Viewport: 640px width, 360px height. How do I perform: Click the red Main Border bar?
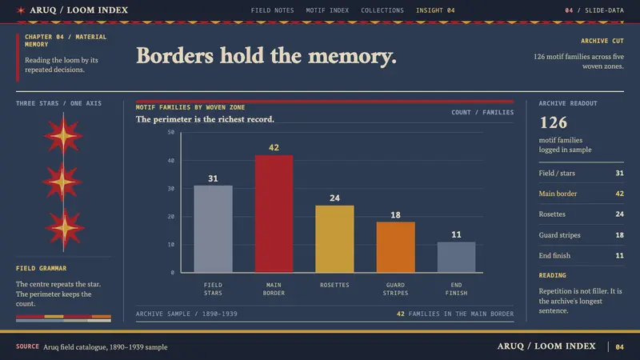[x=274, y=214]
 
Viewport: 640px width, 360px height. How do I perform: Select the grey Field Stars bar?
[x=213, y=229]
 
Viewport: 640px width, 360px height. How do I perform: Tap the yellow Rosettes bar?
[x=334, y=238]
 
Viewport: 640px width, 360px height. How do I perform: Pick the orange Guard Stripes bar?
[x=395, y=247]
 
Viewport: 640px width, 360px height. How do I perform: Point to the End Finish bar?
[x=456, y=257]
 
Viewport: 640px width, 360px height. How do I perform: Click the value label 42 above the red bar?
[x=274, y=148]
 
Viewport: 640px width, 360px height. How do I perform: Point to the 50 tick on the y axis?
[x=171, y=132]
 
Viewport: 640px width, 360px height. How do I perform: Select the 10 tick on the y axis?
[x=171, y=245]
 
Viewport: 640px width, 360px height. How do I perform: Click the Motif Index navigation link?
[x=327, y=10]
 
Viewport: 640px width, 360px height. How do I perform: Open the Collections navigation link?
[x=382, y=10]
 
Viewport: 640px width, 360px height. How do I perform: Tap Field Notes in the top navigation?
[x=272, y=10]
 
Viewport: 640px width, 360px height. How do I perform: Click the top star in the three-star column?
[x=63, y=136]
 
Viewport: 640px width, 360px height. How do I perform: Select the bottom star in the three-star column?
[x=64, y=228]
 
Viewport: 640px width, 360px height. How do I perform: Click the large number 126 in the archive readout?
[x=554, y=122]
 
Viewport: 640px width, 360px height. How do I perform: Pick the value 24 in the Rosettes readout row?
[x=619, y=214]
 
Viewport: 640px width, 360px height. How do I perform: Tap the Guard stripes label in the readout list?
[x=559, y=235]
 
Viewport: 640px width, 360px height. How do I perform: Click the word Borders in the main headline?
[x=174, y=55]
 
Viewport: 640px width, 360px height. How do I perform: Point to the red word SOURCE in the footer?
[x=27, y=346]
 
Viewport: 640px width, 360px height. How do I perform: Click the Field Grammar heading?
[x=42, y=268]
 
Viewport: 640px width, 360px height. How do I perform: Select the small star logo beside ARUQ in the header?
[x=21, y=10]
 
